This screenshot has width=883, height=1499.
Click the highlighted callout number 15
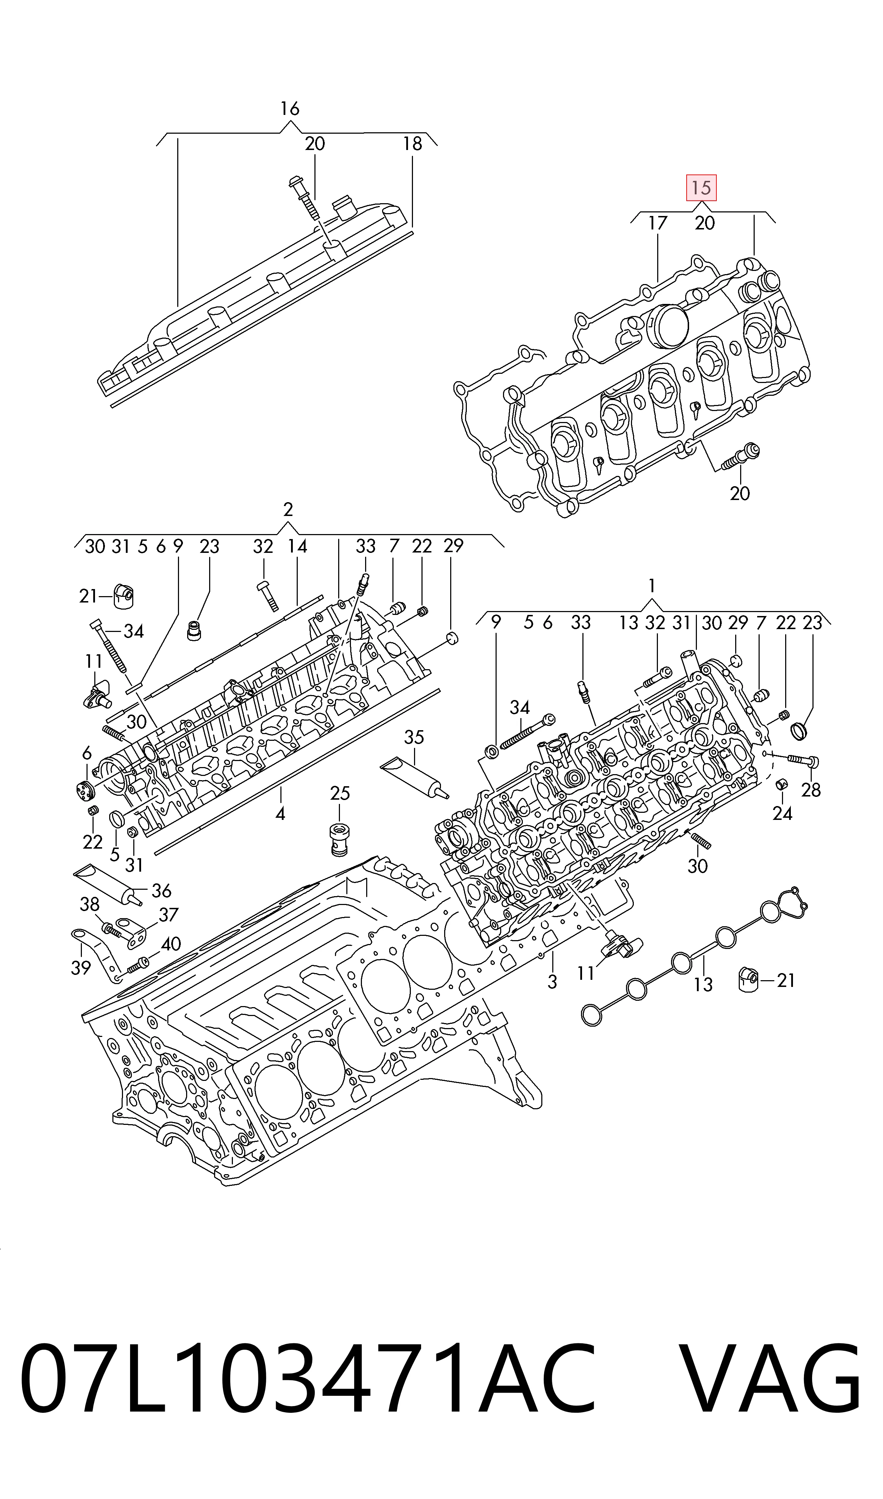coord(702,188)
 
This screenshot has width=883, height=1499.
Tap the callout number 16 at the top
coord(290,109)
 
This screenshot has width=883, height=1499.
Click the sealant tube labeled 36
coord(108,884)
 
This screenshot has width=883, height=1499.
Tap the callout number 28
coord(811,790)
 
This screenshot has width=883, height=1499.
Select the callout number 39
coord(81,968)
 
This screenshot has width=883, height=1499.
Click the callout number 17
coord(658,223)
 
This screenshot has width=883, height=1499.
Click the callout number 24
coord(782,814)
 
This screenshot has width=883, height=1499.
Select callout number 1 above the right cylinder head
coord(652,586)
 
